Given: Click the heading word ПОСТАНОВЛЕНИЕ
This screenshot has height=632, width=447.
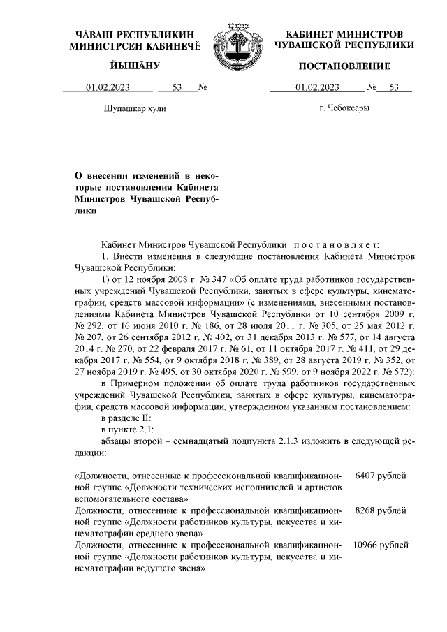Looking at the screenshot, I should click(344, 66).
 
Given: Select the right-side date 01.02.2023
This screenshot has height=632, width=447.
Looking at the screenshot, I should click(317, 88).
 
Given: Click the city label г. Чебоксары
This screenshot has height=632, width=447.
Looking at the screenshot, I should click(344, 108).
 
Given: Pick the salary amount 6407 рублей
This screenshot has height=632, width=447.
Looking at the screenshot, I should click(381, 476).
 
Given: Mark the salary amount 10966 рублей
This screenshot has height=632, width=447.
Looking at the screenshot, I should click(381, 545).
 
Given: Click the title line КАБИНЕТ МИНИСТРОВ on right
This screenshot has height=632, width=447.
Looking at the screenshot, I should click(344, 34).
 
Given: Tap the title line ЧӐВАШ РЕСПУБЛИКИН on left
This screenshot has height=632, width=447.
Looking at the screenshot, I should click(135, 34).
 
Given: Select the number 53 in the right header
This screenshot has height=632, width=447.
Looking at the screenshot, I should click(393, 88).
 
